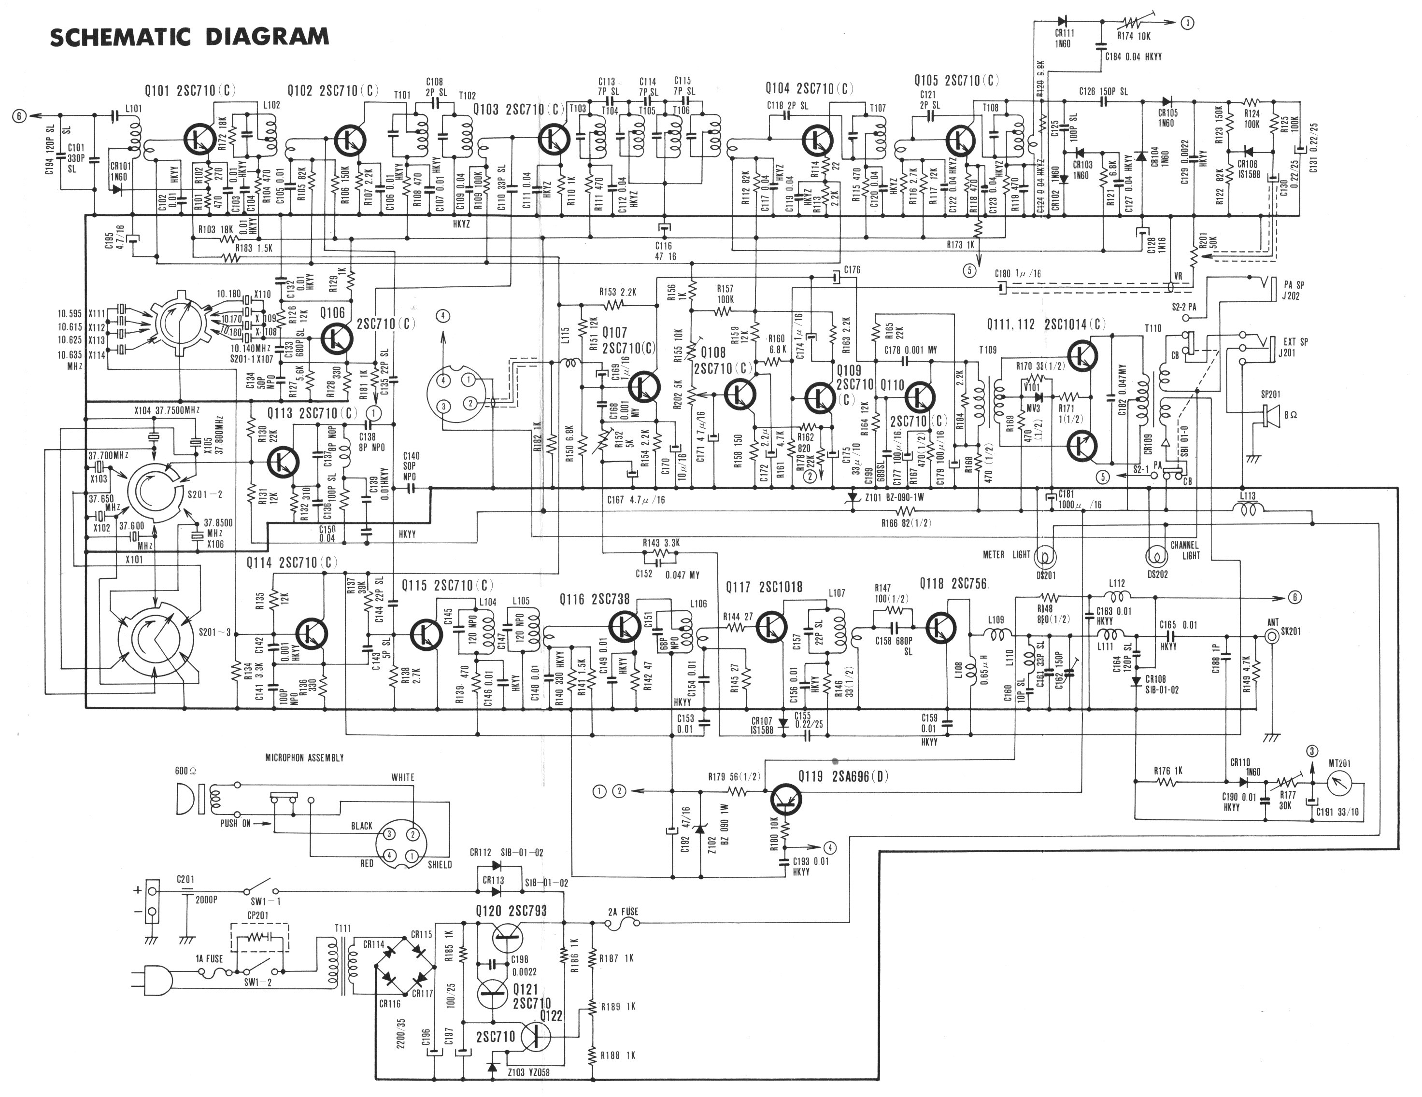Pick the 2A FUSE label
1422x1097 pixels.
click(623, 912)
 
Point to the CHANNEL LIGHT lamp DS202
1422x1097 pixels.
click(1157, 557)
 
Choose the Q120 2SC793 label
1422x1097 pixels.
click(511, 911)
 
